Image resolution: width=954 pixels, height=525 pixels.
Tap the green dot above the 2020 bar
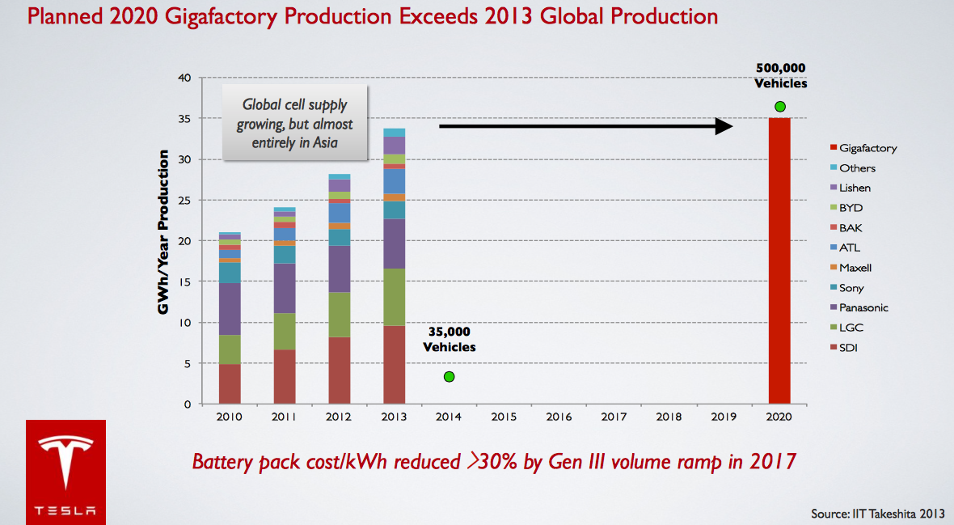point(779,106)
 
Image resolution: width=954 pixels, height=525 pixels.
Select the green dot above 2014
point(449,376)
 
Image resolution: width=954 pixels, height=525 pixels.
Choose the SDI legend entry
point(850,348)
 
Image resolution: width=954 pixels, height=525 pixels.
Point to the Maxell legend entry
point(855,268)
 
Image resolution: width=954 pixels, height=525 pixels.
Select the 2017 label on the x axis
point(614,417)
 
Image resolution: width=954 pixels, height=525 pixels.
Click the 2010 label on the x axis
point(230,417)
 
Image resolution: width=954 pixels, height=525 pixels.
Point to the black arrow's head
point(723,125)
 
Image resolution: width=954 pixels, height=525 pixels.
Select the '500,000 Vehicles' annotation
point(781,75)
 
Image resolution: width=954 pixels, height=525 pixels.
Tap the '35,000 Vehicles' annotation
point(450,339)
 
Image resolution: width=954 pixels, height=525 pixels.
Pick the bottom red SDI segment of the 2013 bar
point(394,364)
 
